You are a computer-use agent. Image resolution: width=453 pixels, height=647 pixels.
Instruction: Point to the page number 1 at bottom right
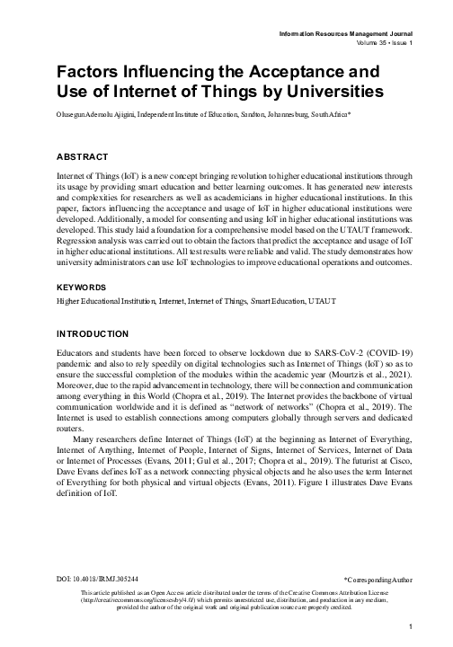(410, 627)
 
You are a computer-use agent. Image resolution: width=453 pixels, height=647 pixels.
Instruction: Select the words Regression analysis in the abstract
(91, 241)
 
